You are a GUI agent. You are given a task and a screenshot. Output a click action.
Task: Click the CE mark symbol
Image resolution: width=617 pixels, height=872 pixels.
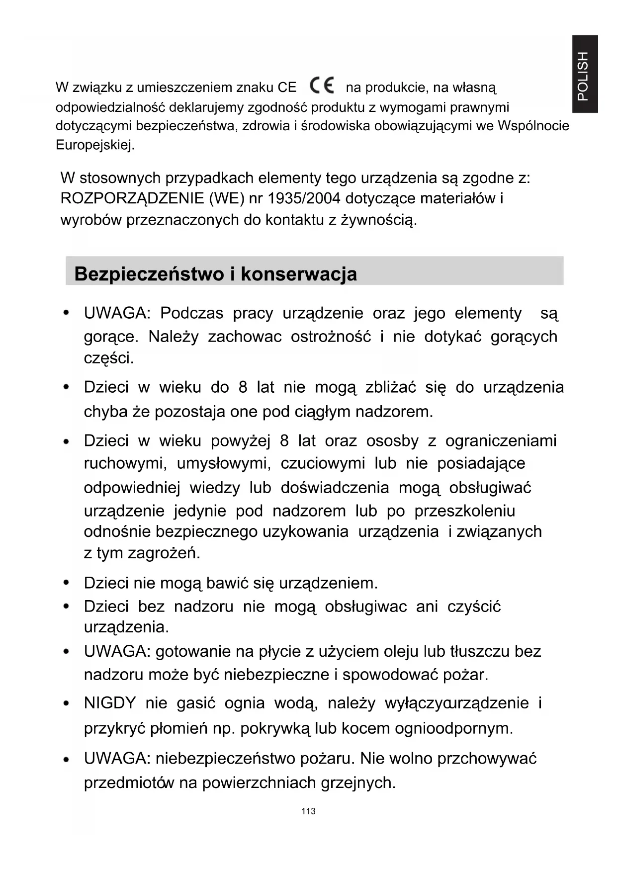click(x=322, y=86)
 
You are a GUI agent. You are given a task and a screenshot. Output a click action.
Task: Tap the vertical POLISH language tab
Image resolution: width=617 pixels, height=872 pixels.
click(x=584, y=74)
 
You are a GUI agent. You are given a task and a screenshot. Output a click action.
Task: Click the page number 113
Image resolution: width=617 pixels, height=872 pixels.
click(x=308, y=811)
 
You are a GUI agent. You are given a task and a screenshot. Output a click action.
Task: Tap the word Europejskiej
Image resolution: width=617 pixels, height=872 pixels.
click(x=95, y=146)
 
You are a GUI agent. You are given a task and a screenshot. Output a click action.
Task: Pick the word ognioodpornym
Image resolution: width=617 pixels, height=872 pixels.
click(x=453, y=729)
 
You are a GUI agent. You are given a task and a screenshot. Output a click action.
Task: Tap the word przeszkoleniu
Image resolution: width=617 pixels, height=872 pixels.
click(x=464, y=511)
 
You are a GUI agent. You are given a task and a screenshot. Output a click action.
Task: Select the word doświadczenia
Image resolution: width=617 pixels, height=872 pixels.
click(x=335, y=488)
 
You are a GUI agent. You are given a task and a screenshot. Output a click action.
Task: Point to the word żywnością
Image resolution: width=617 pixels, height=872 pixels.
click(x=379, y=220)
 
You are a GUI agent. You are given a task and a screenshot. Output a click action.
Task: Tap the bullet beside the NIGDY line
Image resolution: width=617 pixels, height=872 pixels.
click(x=66, y=703)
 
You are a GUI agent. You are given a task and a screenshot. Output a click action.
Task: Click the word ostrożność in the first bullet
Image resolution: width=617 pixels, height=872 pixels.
click(x=331, y=337)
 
